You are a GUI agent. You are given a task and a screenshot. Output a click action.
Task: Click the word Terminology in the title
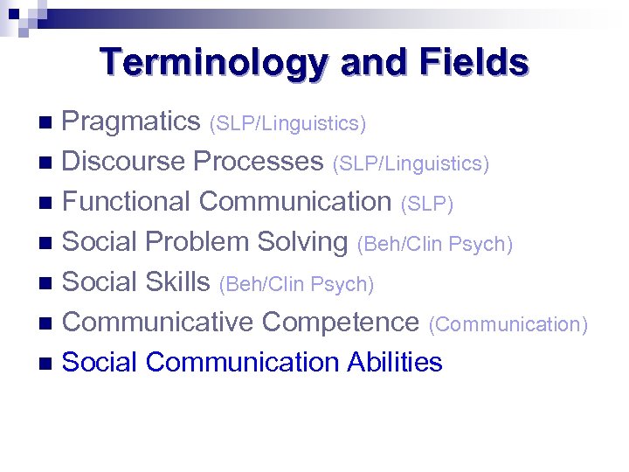(x=215, y=64)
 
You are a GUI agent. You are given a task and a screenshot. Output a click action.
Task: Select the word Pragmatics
(x=132, y=121)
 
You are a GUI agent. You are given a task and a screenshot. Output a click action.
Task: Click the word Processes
(x=259, y=162)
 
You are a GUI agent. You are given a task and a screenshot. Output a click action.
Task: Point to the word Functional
(x=128, y=202)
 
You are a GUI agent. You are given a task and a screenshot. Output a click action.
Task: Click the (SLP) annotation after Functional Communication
(x=426, y=204)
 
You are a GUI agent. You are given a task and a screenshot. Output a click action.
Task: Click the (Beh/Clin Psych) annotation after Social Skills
(x=296, y=284)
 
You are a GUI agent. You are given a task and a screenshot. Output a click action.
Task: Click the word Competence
(x=341, y=322)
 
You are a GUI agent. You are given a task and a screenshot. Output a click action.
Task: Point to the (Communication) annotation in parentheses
(x=508, y=324)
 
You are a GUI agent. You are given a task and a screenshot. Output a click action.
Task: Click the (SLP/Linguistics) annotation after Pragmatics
(x=287, y=124)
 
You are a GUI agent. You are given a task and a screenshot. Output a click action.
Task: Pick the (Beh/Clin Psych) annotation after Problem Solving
(x=434, y=245)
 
